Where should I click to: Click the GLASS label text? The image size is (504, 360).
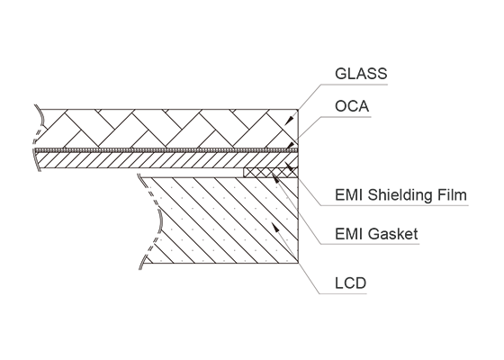click(361, 74)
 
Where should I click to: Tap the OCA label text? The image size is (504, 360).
click(352, 106)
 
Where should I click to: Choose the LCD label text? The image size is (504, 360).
click(350, 283)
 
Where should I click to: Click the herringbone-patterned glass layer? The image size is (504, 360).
click(167, 129)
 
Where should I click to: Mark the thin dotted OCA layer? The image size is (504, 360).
click(166, 150)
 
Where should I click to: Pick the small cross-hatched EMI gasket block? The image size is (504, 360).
click(271, 172)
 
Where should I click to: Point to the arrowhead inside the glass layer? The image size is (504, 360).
click(289, 121)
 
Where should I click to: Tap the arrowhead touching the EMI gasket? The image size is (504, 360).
click(275, 177)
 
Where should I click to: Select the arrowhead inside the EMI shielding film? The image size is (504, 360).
click(289, 166)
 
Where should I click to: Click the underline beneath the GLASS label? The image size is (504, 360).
click(355, 85)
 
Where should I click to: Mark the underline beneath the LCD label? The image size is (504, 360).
click(343, 293)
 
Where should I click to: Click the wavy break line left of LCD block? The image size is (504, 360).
click(151, 221)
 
